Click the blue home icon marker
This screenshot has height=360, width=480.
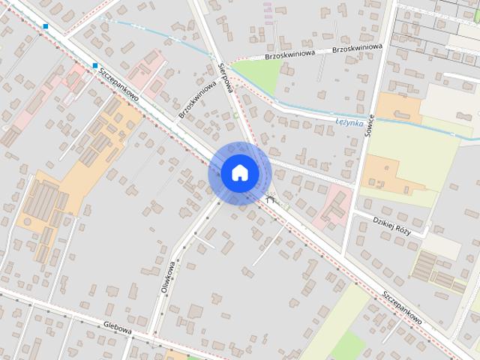pyautogui.click(x=239, y=173)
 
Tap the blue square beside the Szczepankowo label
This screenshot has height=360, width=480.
pyautogui.click(x=95, y=66)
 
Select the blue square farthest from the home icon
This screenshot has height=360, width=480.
pyautogui.click(x=46, y=26)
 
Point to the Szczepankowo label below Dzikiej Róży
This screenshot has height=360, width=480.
pyautogui.click(x=401, y=307)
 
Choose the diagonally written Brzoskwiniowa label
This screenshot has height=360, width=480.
pyautogui.click(x=197, y=100)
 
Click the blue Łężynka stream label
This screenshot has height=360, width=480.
pyautogui.click(x=349, y=121)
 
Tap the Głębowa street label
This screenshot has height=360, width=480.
pyautogui.click(x=118, y=327)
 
